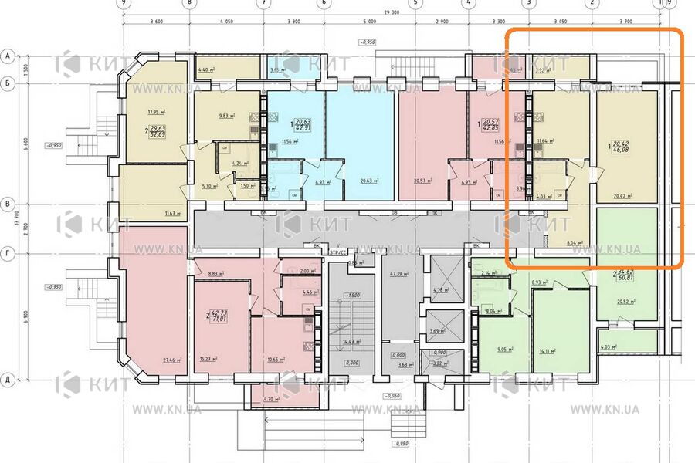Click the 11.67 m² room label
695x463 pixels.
point(171,214)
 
